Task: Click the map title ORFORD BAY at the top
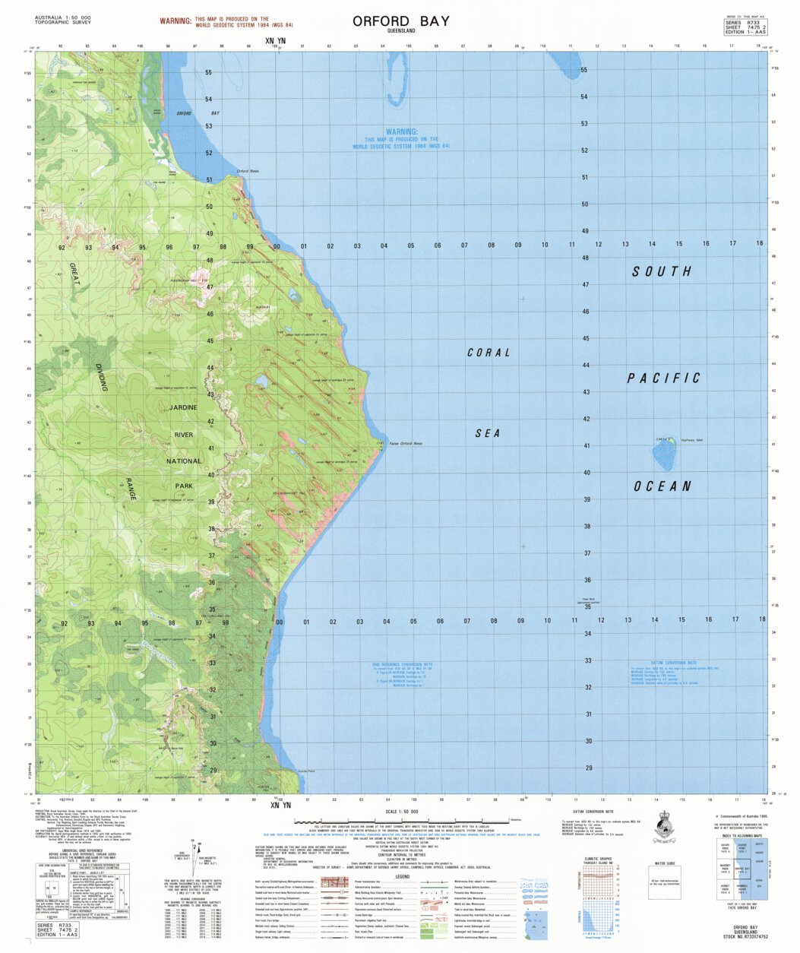[400, 21]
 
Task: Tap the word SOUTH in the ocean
[662, 271]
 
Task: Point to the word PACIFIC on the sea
[663, 378]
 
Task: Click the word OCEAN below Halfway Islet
[662, 486]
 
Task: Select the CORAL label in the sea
[489, 353]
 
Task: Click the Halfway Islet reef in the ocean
[664, 454]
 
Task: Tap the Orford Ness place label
[248, 171]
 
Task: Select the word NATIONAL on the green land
[184, 461]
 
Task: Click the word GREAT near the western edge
[74, 274]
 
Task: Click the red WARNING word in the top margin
[175, 22]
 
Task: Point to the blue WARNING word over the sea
[400, 131]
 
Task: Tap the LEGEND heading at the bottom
[402, 875]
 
